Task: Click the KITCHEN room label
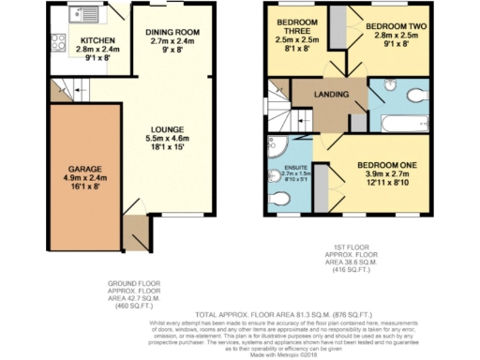tap(97, 40)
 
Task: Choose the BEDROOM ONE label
tap(387, 165)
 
